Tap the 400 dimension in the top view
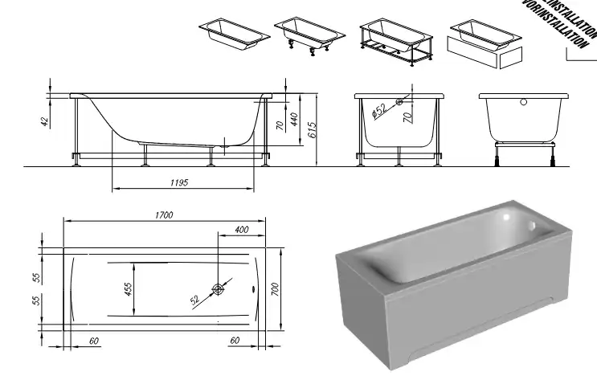(x=240, y=230)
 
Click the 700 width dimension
(x=274, y=289)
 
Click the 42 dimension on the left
(x=45, y=121)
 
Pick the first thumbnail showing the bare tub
(x=233, y=34)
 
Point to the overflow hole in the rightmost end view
(x=524, y=103)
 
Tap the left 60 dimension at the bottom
(x=95, y=341)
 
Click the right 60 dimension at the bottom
(x=235, y=341)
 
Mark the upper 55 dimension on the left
(x=36, y=277)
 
